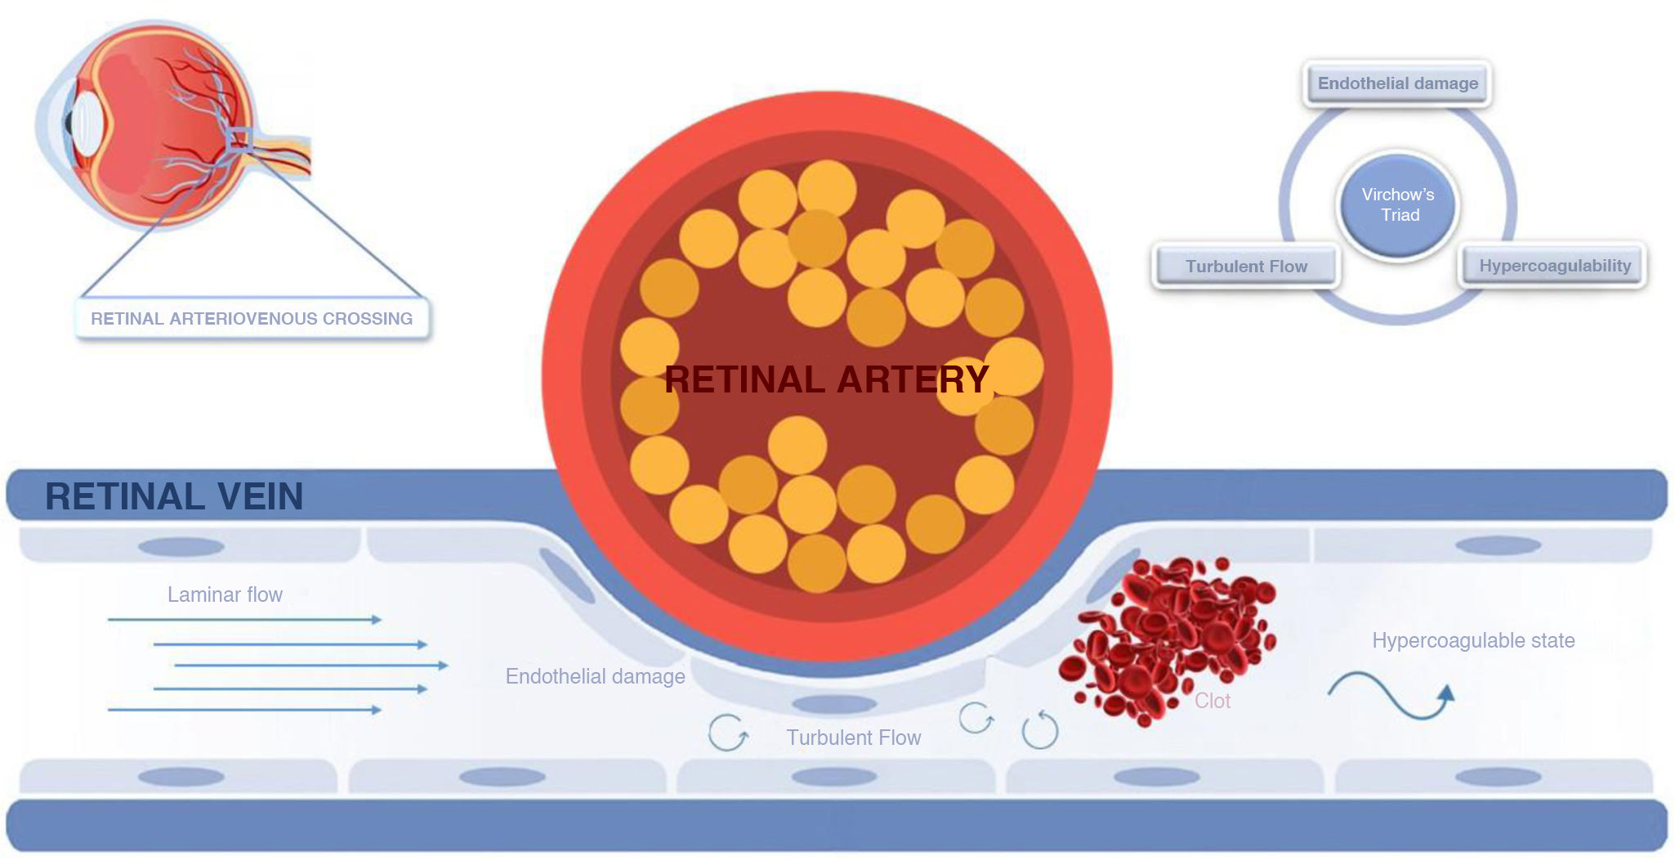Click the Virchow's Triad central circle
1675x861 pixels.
pyautogui.click(x=1398, y=205)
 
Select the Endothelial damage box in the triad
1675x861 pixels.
pyautogui.click(x=1397, y=83)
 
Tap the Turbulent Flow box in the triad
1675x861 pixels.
pyautogui.click(x=1246, y=267)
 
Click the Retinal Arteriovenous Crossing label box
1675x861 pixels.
pyautogui.click(x=252, y=319)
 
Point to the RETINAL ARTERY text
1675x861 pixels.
pyautogui.click(x=826, y=379)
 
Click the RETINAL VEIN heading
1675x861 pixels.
pyautogui.click(x=174, y=496)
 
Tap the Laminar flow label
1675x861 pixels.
pyautogui.click(x=225, y=594)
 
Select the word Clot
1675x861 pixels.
pyautogui.click(x=1212, y=701)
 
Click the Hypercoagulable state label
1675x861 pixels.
pyautogui.click(x=1473, y=640)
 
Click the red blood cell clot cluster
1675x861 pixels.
pyautogui.click(x=1168, y=638)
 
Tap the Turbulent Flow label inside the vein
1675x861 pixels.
pyautogui.click(x=853, y=738)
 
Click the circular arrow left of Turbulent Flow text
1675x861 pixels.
pyautogui.click(x=727, y=732)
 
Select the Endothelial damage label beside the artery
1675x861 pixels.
pyautogui.click(x=595, y=676)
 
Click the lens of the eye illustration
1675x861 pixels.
pyautogui.click(x=86, y=127)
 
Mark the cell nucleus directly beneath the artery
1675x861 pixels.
pyautogui.click(x=833, y=704)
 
